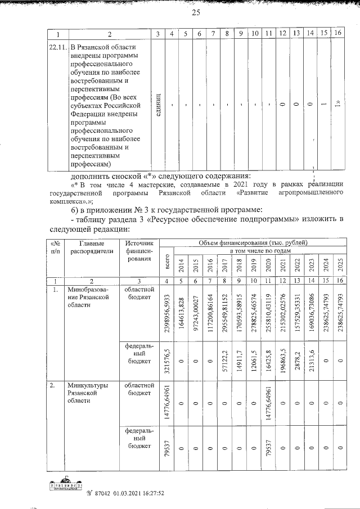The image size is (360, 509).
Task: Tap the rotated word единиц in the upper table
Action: coord(159,104)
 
